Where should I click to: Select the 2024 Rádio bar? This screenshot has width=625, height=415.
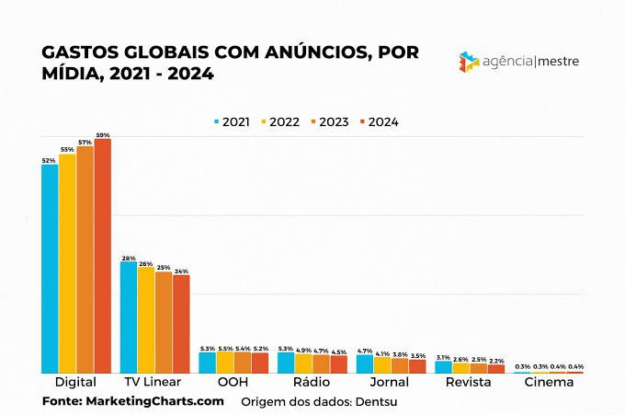339,363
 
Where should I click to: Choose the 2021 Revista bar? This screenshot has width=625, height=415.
443,366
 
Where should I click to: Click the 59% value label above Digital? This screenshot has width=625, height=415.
102,135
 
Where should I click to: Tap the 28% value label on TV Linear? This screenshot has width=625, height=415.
129,258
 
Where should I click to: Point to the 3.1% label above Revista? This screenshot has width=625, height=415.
443,357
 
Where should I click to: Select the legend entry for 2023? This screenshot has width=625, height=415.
328,121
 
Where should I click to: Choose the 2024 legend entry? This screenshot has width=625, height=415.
378,121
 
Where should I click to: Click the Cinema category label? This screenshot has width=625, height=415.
549,382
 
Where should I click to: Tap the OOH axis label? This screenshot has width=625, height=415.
233,382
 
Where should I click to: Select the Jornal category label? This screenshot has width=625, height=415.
391,382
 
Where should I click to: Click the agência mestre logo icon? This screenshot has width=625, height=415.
469,63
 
